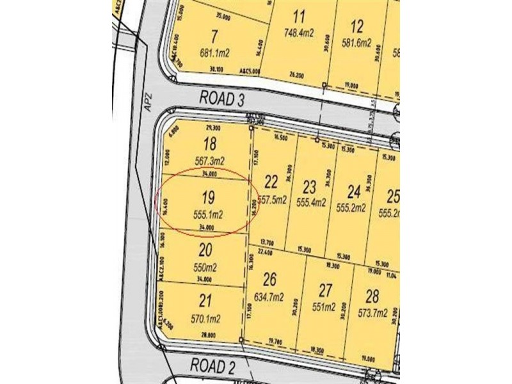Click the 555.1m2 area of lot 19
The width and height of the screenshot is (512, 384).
point(206,215)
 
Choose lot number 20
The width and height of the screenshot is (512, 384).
point(205,250)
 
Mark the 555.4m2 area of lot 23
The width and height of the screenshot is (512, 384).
point(312,202)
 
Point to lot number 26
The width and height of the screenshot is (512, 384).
point(270,280)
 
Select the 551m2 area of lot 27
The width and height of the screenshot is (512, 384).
point(323,307)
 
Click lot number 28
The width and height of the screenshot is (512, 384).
point(372,296)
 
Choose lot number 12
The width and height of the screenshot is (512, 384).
point(357,27)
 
